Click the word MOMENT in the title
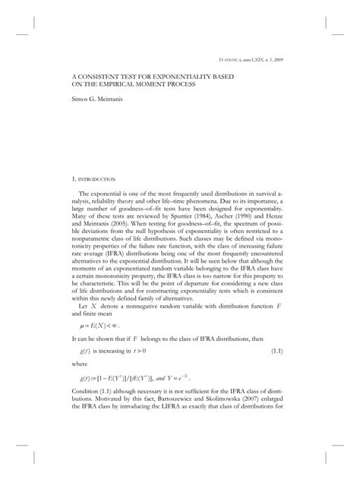click(x=144, y=85)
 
